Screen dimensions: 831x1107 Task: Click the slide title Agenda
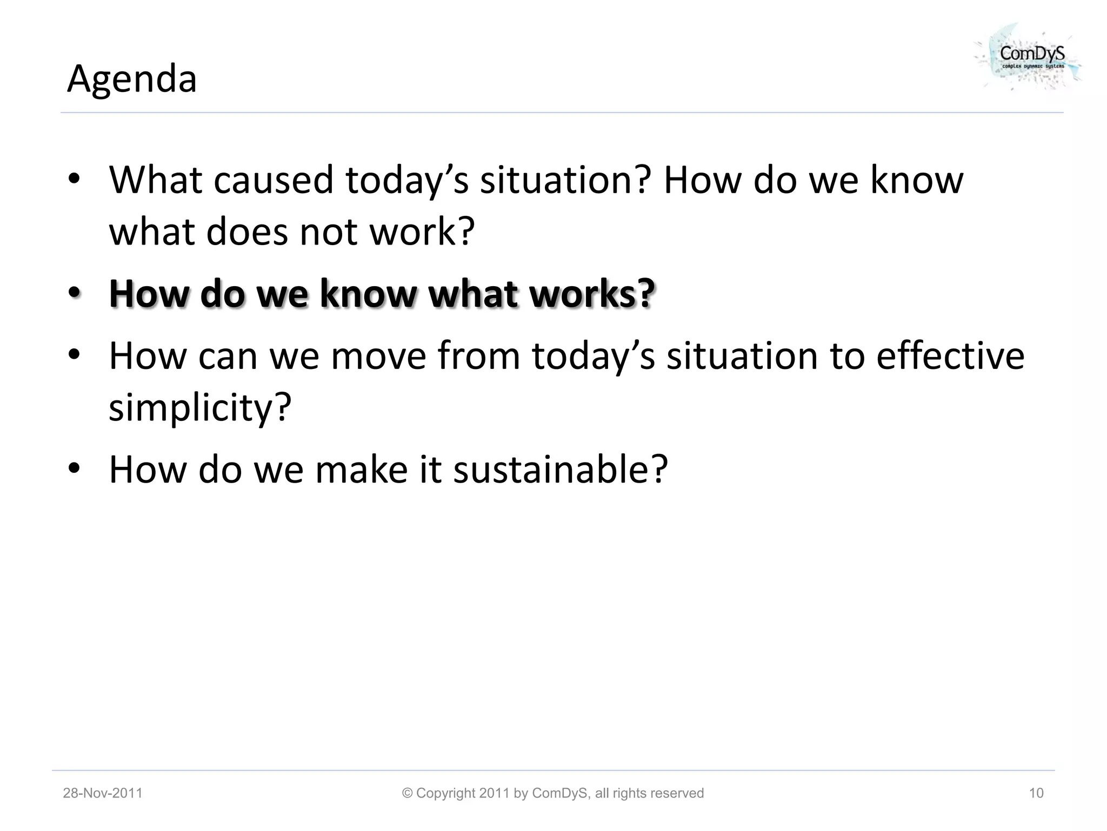pos(132,79)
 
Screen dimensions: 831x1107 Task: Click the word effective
pos(950,355)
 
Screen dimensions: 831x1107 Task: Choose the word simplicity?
pos(200,407)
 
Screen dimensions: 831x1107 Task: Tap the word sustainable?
pos(561,469)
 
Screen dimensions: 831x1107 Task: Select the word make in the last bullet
pos(361,469)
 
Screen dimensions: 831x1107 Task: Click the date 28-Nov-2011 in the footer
pos(103,793)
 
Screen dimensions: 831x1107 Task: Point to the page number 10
pos(1036,793)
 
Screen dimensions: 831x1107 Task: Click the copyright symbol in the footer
pos(408,793)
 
